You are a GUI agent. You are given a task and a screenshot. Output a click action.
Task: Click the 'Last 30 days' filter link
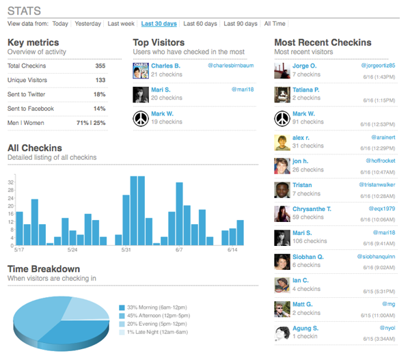[159, 23]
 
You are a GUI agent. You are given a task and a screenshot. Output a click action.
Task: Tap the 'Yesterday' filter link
[87, 23]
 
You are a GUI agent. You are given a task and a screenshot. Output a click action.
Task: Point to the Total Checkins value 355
[100, 66]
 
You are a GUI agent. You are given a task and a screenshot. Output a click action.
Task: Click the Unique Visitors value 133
[100, 81]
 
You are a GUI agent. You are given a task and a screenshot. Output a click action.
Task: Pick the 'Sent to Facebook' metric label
[30, 109]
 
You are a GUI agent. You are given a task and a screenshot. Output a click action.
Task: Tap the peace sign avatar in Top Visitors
[141, 119]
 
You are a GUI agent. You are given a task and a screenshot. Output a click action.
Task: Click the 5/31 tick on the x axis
[126, 250]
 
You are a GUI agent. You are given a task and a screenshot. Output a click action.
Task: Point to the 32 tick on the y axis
[10, 182]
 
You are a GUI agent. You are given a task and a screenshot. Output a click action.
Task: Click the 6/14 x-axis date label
[233, 250]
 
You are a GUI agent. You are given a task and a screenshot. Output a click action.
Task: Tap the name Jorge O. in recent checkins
[304, 66]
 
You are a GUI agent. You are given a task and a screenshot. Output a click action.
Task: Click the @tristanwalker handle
[377, 185]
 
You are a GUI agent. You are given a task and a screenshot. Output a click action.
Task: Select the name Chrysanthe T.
[312, 208]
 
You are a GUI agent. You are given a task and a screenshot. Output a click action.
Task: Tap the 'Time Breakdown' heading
[44, 269]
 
